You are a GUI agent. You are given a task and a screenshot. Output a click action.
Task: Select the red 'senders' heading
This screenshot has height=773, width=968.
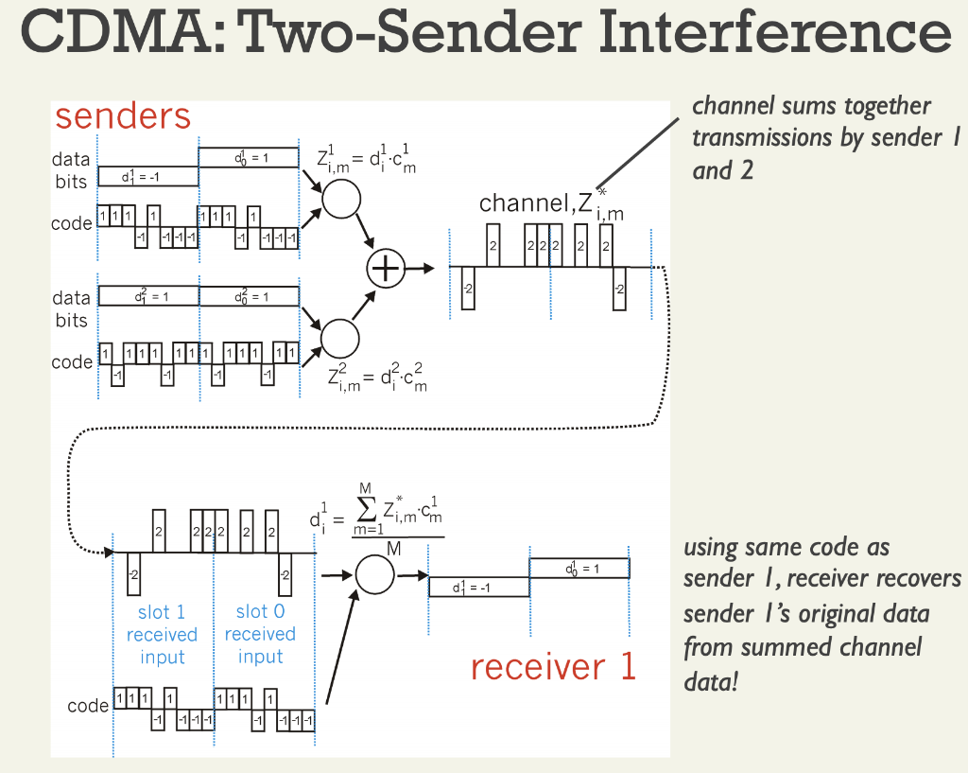[x=123, y=116]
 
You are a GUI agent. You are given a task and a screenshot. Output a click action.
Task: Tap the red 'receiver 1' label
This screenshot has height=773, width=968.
[x=553, y=666]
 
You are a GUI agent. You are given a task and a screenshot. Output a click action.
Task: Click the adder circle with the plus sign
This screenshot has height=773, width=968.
[x=386, y=269]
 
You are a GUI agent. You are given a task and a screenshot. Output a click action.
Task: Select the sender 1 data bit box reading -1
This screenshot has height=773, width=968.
[x=147, y=177]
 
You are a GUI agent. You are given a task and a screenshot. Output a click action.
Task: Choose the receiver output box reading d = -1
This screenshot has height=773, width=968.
[x=478, y=587]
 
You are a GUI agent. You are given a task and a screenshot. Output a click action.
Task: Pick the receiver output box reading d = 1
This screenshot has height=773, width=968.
[x=579, y=569]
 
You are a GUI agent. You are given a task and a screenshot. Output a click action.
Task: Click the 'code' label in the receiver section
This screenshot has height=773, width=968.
[x=87, y=706]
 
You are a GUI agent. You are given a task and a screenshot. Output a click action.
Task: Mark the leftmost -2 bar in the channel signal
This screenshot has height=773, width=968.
[x=467, y=288]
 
